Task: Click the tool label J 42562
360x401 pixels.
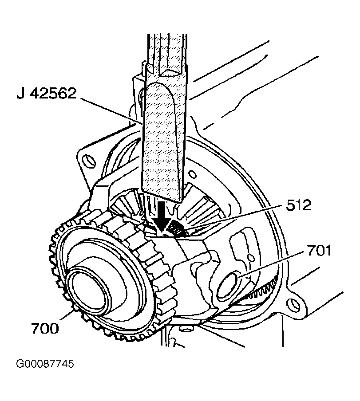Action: point(47,93)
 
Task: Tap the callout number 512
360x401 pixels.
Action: point(299,205)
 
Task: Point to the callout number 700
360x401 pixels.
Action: point(45,328)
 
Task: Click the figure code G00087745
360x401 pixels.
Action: point(45,363)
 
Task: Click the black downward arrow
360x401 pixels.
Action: point(161,216)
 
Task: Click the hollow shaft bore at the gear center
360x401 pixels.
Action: point(89,289)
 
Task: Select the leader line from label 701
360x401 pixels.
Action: point(272,265)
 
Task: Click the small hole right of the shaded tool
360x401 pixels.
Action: point(193,175)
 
